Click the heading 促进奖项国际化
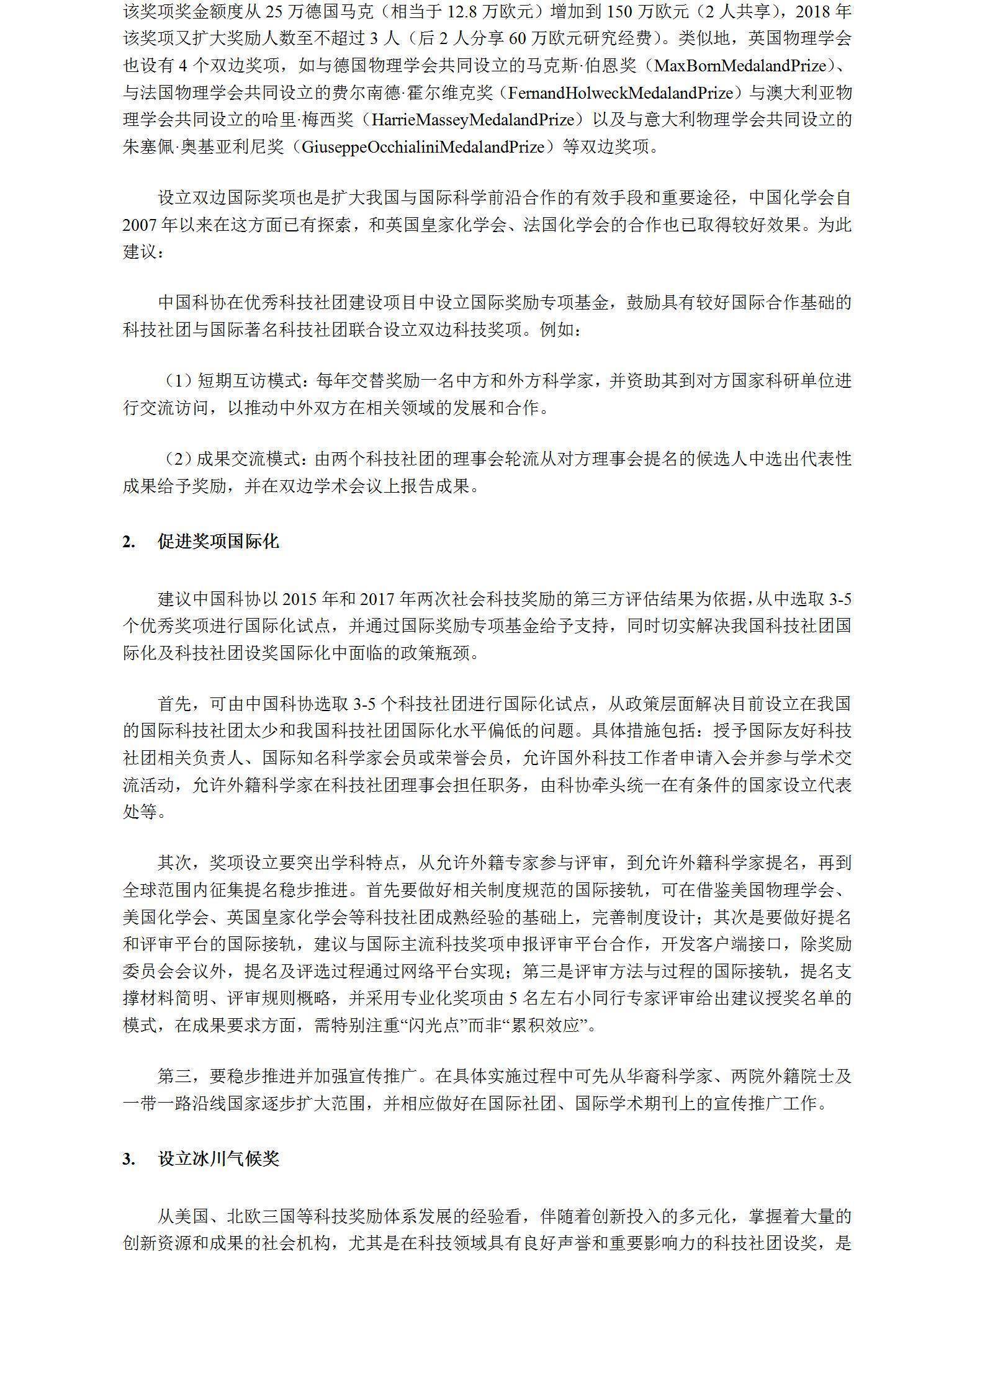click(x=218, y=542)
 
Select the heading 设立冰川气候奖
click(x=218, y=1159)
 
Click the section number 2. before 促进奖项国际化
click(x=128, y=542)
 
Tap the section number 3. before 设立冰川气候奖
click(x=128, y=1160)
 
